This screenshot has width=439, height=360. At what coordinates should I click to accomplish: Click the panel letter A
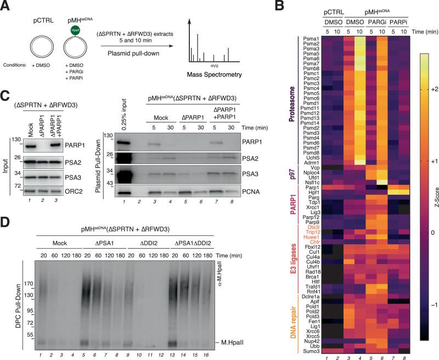tap(6, 6)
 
